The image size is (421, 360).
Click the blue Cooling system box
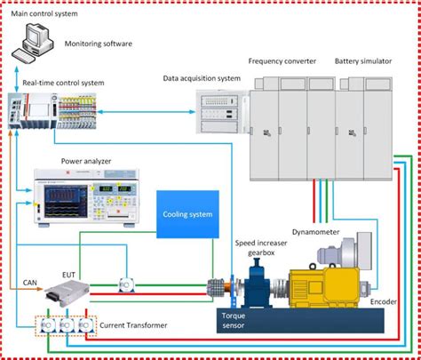click(187, 214)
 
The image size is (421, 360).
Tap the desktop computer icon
click(35, 41)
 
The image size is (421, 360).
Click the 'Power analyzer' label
click(85, 162)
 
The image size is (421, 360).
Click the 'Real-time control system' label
click(67, 83)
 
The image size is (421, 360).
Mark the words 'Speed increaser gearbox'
click(258, 248)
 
